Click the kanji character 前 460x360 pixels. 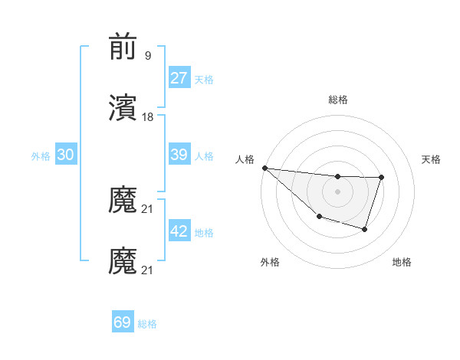coord(123,47)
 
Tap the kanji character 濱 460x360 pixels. coord(123,109)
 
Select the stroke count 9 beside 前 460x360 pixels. coord(148,56)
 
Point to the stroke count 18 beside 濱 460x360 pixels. coord(148,117)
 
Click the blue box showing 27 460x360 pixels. coord(179,78)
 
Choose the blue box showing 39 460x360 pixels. coord(179,155)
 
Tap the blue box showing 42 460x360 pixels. coord(179,231)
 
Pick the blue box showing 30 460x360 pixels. coord(66,155)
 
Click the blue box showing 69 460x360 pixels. coord(123,322)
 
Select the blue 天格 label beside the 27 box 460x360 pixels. coord(204,80)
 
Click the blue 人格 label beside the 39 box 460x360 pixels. coord(204,156)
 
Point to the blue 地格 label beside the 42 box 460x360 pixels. coord(204,233)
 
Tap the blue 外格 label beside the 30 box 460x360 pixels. coord(41,156)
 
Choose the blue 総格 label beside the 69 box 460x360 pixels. coord(147,324)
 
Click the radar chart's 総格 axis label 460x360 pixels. coord(337,100)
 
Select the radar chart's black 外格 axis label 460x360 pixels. coord(270,262)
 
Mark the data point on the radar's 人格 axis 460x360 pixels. coord(264,168)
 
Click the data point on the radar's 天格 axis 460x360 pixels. coord(381,178)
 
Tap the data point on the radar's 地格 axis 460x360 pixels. coord(365,229)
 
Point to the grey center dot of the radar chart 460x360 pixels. coord(337,191)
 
